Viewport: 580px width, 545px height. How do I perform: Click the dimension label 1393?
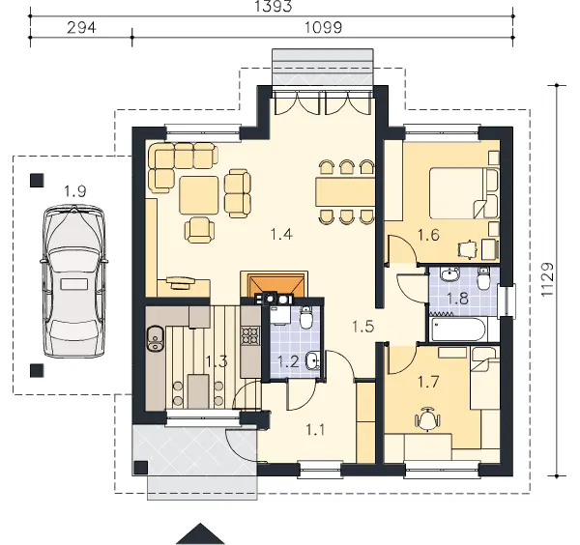click(x=274, y=6)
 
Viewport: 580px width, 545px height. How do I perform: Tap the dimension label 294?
click(x=81, y=28)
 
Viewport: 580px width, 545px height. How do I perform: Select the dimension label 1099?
click(x=323, y=28)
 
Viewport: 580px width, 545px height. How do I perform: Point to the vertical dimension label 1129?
click(x=547, y=279)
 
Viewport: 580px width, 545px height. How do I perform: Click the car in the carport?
click(x=74, y=282)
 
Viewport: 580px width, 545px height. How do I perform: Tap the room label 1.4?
click(x=282, y=234)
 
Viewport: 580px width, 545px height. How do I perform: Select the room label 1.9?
click(x=75, y=191)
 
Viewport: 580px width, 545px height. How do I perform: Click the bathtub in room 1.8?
click(x=457, y=330)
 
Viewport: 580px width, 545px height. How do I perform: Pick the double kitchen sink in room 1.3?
click(x=156, y=338)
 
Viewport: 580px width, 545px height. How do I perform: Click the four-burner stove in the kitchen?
click(x=250, y=335)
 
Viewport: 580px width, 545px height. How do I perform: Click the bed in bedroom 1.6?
click(x=464, y=193)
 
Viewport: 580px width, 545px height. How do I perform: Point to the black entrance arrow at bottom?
click(x=200, y=533)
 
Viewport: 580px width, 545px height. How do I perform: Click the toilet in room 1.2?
click(x=306, y=318)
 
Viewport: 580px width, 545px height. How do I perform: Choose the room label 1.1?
click(x=315, y=430)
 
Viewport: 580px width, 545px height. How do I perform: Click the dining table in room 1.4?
click(x=345, y=191)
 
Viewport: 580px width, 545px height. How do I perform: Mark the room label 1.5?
click(x=362, y=326)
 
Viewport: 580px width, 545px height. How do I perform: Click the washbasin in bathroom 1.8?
click(x=449, y=274)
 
